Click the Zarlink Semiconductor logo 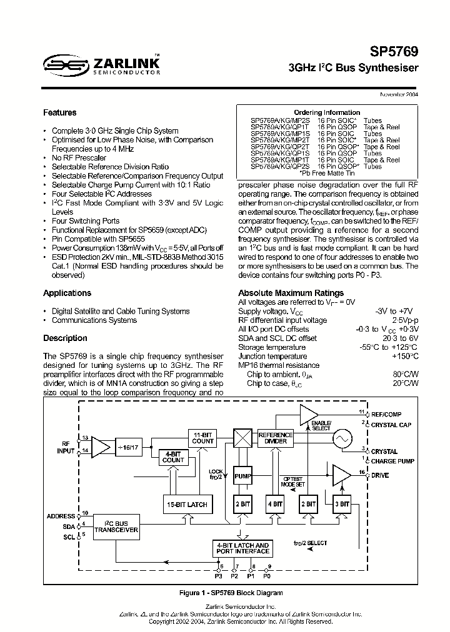(101, 64)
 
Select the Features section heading (60, 113)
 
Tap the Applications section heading (67, 294)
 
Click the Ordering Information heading (327, 113)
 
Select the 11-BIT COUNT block (203, 438)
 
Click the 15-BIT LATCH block (187, 504)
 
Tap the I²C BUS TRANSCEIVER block (116, 526)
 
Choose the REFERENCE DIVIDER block (276, 438)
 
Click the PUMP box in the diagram (242, 476)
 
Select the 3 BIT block (341, 504)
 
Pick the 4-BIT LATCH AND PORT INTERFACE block (242, 548)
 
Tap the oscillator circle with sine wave (343, 439)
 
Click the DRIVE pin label (380, 475)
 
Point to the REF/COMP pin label (386, 414)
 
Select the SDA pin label (68, 526)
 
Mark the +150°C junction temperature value (404, 356)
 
